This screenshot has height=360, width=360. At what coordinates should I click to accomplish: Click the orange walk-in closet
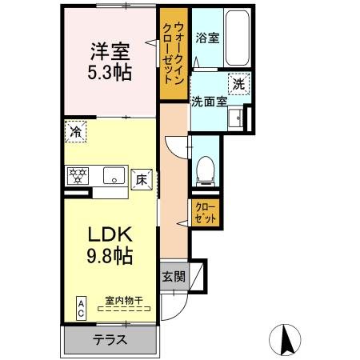[x=172, y=53]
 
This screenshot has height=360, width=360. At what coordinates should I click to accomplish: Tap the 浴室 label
[x=207, y=37]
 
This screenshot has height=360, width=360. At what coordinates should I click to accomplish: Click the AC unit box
[x=82, y=308]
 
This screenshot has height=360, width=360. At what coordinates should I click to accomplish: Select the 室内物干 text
[x=123, y=301]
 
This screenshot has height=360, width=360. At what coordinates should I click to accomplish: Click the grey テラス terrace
[x=110, y=339]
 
